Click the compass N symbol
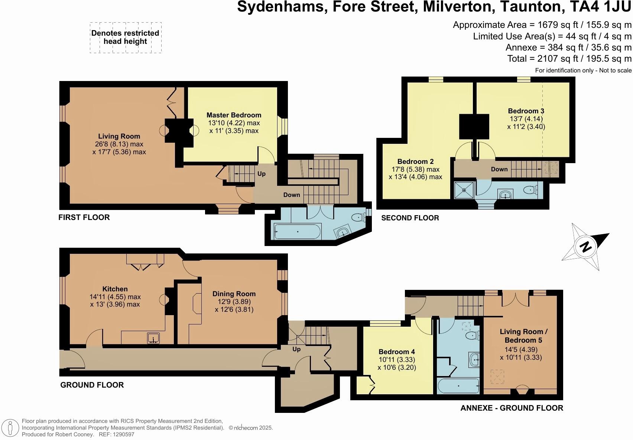point(585,247)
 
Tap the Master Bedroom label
point(234,115)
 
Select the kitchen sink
point(153,338)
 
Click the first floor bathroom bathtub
point(298,232)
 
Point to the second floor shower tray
point(464,190)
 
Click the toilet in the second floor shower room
point(531,190)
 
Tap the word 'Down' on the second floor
point(499,169)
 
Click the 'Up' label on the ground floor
point(296,349)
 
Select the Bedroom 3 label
point(526,111)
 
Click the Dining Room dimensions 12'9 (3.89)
point(234,302)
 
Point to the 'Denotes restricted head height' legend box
point(126,38)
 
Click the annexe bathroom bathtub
point(458,386)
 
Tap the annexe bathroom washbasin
point(474,360)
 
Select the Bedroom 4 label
point(397,352)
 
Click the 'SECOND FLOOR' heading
point(410,218)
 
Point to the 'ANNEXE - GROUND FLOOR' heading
point(512,408)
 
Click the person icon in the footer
point(10,428)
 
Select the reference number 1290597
point(123,434)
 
